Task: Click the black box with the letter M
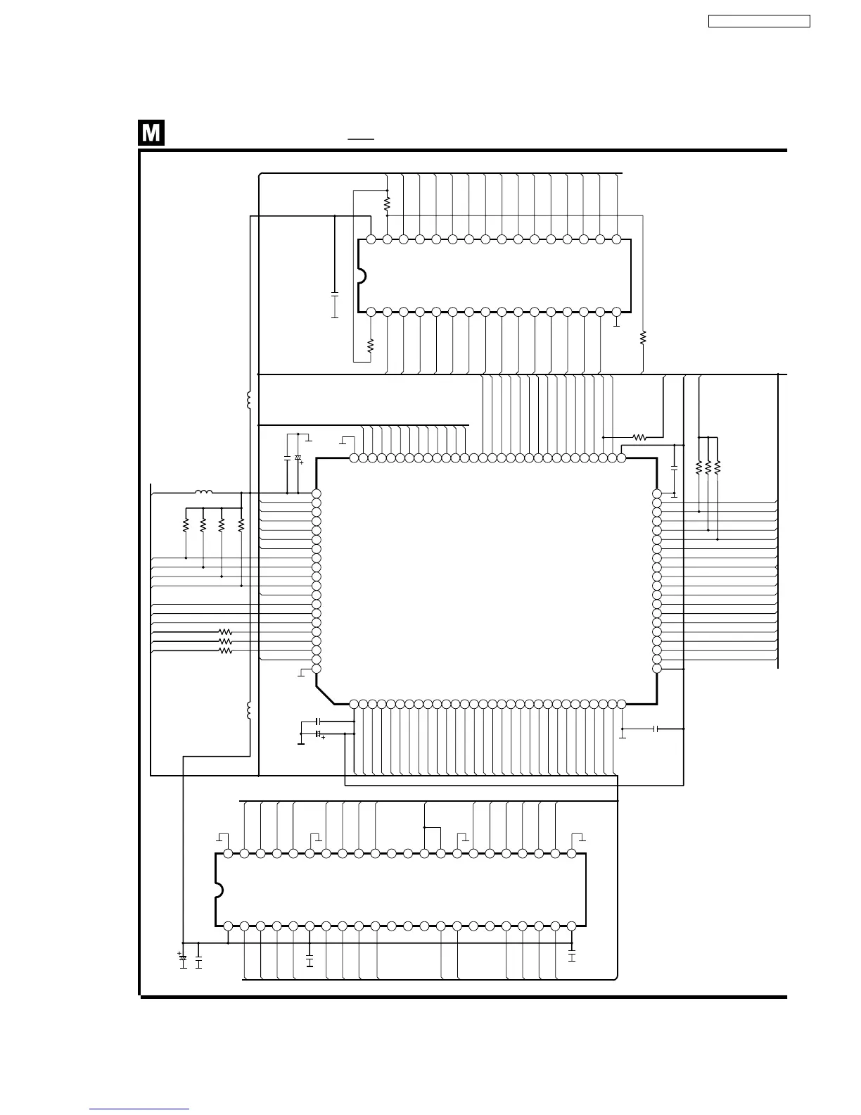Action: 151,133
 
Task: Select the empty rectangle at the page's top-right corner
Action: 759,22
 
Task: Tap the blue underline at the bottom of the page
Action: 139,1109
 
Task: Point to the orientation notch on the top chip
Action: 362,276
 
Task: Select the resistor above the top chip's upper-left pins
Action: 387,203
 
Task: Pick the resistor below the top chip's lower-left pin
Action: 371,345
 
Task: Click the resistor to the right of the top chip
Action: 643,338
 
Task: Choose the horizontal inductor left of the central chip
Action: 203,493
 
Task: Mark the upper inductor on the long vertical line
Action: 249,401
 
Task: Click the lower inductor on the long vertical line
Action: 249,711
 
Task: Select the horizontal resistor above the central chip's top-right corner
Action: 639,437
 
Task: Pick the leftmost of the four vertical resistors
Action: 186,525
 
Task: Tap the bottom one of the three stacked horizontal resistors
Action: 225,651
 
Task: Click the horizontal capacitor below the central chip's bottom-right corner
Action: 656,729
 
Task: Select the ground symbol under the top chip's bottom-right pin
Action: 616,325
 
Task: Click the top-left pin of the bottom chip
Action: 228,853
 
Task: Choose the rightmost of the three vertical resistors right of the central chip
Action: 717,467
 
